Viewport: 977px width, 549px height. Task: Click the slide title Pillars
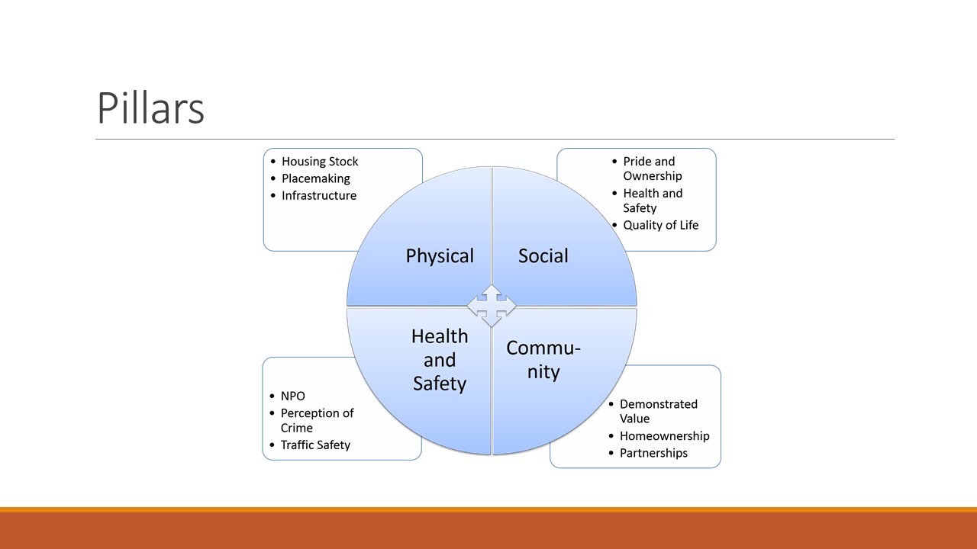tap(150, 108)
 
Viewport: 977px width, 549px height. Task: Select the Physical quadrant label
tap(440, 255)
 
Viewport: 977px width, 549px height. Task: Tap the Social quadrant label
tap(543, 255)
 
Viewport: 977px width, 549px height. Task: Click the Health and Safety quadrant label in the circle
tap(440, 360)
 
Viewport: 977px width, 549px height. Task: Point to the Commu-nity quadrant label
tap(543, 360)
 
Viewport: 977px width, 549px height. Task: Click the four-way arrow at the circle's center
tap(492, 306)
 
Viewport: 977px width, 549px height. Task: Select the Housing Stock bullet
tap(320, 162)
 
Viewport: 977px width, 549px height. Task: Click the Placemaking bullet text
tap(316, 178)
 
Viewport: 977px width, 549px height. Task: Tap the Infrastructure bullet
tap(319, 196)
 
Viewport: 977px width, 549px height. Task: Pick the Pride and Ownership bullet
tap(653, 169)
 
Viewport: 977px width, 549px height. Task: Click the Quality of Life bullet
tap(661, 225)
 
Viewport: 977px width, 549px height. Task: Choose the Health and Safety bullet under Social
tap(653, 201)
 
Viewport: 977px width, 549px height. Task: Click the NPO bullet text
tap(292, 396)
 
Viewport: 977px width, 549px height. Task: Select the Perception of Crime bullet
tap(317, 420)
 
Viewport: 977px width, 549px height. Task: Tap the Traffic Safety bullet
tap(315, 445)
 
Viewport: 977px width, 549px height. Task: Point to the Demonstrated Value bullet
tap(659, 411)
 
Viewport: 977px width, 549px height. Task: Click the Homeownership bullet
tap(665, 436)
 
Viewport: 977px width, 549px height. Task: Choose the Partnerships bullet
tap(653, 453)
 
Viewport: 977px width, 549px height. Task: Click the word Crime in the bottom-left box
tap(297, 428)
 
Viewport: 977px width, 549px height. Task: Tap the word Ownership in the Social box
tap(653, 176)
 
